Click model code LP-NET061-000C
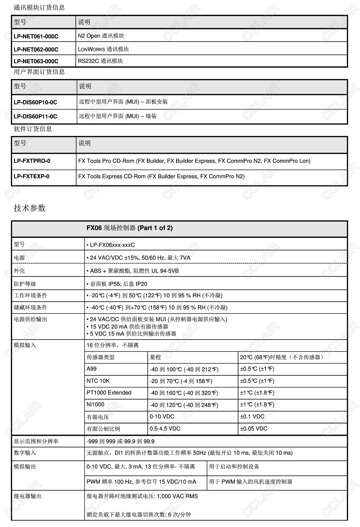coord(36,36)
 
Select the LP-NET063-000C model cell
coord(36,61)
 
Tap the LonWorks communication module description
coord(103,49)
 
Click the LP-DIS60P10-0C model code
coord(35,102)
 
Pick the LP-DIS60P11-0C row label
coord(35,116)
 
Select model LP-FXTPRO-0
coord(32,161)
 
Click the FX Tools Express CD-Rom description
coord(161,176)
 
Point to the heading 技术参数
coord(30,208)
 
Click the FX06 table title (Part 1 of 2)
coord(129,228)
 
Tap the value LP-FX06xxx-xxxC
coord(112,245)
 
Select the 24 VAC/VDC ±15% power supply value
coord(140,258)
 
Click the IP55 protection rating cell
coord(119,284)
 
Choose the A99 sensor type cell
coord(91,369)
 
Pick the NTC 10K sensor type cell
coord(98,381)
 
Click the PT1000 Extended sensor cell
coord(109,392)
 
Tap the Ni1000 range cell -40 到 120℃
coord(184,405)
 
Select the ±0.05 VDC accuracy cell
coord(254,428)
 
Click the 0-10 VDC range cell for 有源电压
coord(162,416)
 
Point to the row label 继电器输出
coord(28,496)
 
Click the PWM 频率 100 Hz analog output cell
coord(141,482)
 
